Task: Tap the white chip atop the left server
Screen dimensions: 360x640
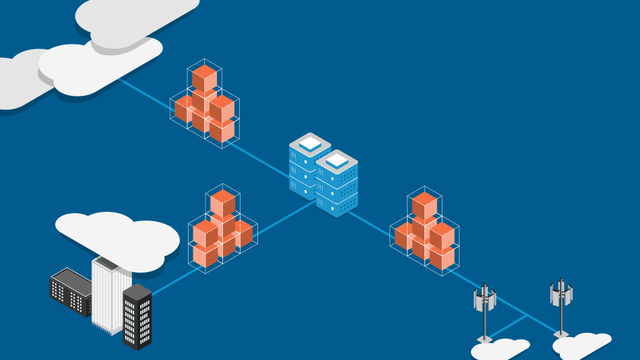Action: [310, 144]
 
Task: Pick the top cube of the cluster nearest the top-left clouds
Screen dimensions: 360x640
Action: [204, 78]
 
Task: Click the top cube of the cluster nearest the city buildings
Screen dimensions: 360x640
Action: [222, 202]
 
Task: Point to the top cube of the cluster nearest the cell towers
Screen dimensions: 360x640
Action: [424, 204]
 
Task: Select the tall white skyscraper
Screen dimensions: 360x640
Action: [108, 293]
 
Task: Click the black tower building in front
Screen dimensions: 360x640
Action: [137, 317]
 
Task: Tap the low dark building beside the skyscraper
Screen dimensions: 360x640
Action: [70, 290]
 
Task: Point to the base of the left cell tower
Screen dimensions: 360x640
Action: [484, 339]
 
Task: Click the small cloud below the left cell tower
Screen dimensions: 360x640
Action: [499, 349]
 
